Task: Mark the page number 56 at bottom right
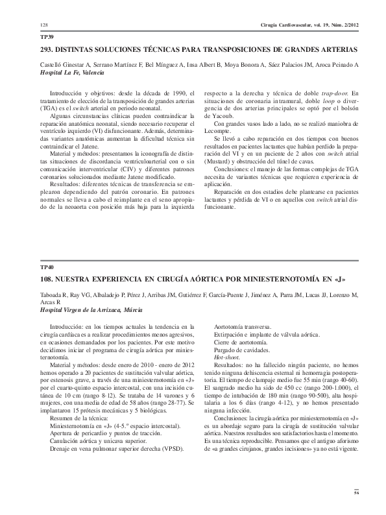point(356,494)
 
